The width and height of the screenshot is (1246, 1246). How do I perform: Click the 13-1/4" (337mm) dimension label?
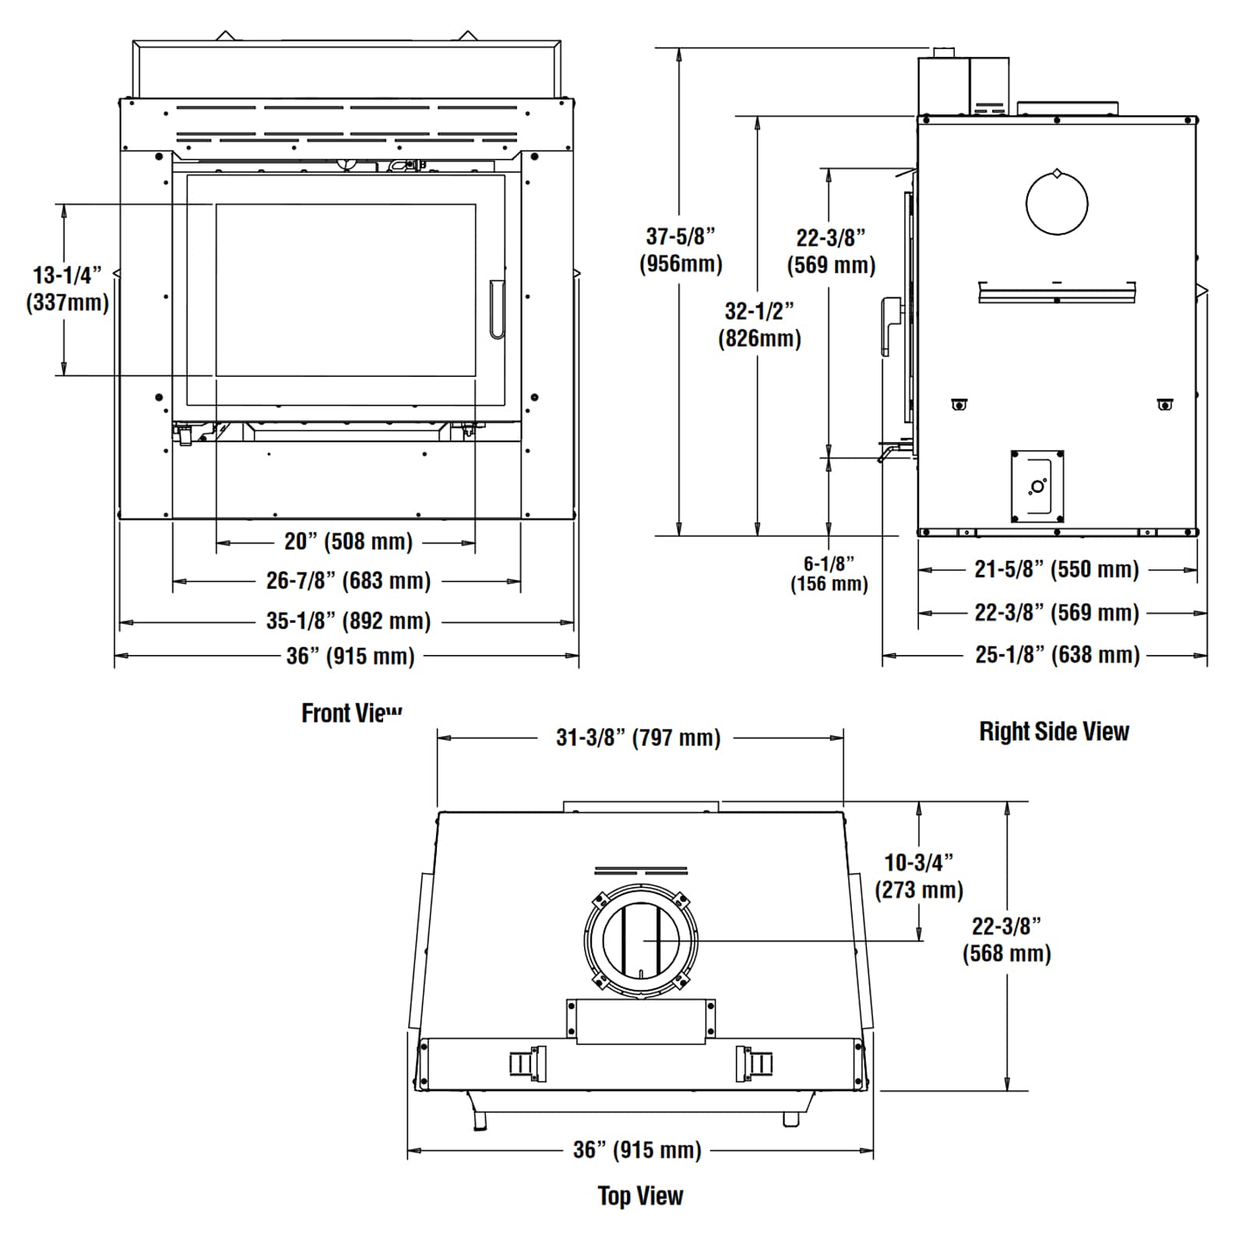[67, 289]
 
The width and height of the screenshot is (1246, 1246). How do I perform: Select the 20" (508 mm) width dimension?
[348, 541]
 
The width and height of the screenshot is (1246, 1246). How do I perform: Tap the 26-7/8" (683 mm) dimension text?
[348, 580]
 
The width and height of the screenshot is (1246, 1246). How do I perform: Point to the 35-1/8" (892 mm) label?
[348, 621]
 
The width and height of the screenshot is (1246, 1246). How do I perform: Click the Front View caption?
[352, 713]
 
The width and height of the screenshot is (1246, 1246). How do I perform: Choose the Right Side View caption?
[1054, 731]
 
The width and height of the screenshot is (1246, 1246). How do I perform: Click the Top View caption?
[640, 1195]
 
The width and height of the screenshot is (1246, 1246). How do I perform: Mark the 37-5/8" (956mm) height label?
[681, 250]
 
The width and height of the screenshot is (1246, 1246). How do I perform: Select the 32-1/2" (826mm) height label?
[759, 325]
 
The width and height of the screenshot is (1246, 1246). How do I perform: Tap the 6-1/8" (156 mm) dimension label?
[829, 574]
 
